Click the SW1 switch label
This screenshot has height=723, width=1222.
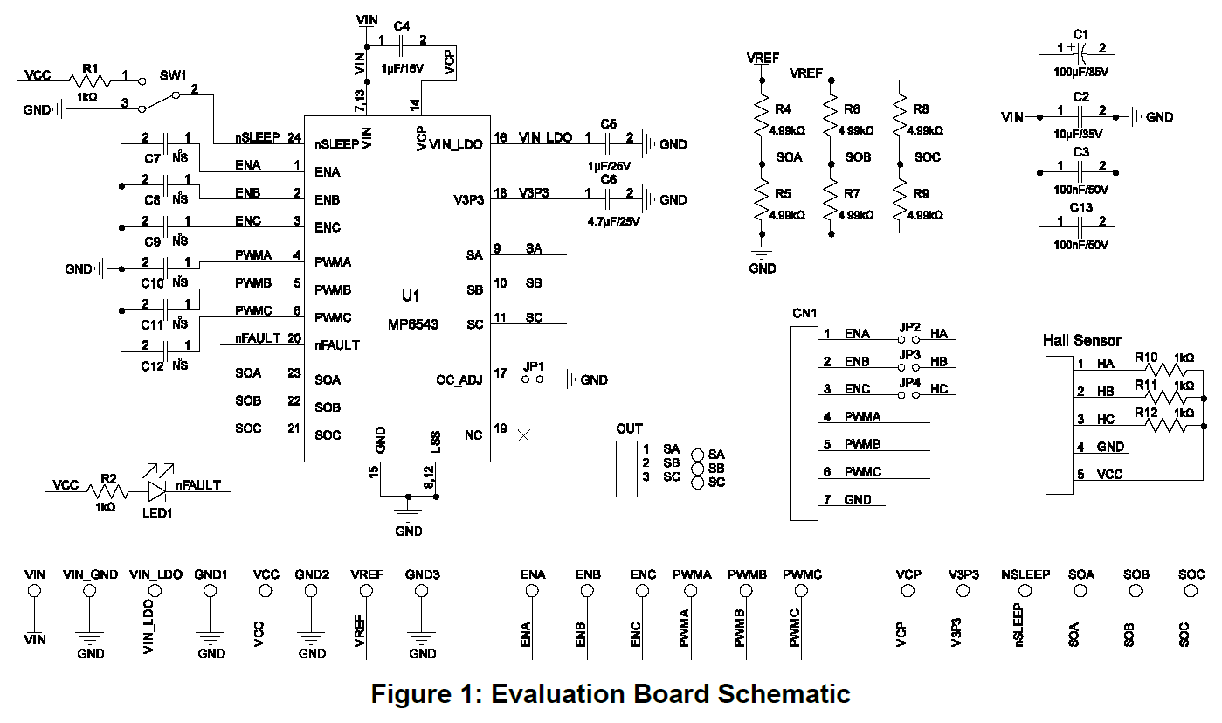point(173,75)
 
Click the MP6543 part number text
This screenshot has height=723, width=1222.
point(413,324)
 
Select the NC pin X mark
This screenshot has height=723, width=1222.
point(524,434)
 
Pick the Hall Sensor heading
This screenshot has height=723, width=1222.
point(1081,340)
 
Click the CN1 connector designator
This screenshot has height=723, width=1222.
point(804,313)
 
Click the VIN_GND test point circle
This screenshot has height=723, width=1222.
point(88,591)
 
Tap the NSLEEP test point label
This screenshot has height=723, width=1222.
point(1018,574)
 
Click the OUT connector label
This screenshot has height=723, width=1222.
point(629,428)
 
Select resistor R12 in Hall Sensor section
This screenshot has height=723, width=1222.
point(1169,425)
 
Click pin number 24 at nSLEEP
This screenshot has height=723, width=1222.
point(293,137)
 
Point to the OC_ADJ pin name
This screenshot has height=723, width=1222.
point(459,379)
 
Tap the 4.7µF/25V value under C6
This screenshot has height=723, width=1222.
point(614,221)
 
